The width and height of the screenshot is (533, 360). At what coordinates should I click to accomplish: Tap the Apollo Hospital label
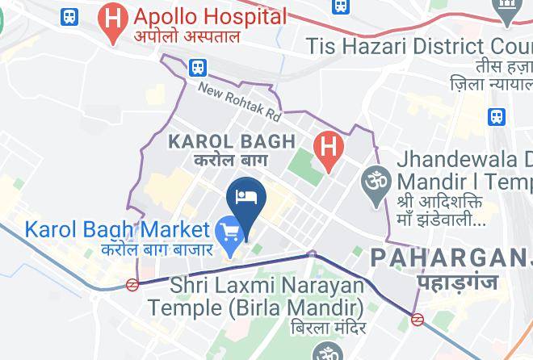pos(211,16)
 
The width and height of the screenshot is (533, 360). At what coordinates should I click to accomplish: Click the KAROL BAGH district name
pos(231,142)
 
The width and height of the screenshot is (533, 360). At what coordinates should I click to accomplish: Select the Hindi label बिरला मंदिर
pos(322,331)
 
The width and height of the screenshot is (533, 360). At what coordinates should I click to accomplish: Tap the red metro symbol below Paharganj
pos(418,319)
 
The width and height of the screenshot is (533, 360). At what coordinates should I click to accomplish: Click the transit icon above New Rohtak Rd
pos(198,67)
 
